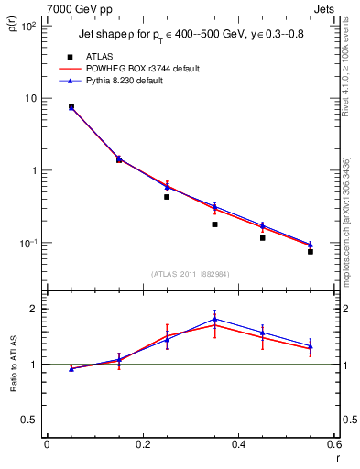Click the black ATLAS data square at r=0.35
click(x=214, y=224)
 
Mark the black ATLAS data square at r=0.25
click(x=167, y=197)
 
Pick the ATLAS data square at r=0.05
click(x=71, y=106)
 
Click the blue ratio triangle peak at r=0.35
click(x=214, y=319)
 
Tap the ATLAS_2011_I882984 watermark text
click(x=190, y=273)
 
